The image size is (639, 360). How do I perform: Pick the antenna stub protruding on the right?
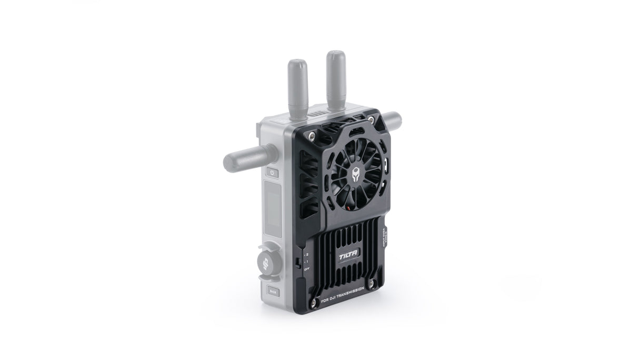[393, 119]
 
